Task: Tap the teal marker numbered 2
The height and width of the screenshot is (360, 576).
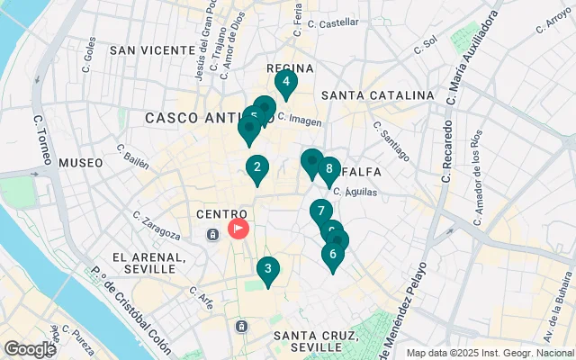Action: tap(257, 167)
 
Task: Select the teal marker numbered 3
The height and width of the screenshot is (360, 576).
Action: tap(267, 269)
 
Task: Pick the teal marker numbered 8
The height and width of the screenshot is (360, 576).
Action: tap(329, 168)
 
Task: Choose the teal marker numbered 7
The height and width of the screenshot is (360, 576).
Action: tap(320, 212)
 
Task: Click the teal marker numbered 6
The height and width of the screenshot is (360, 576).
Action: tap(333, 255)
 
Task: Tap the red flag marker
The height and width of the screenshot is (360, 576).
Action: tap(238, 229)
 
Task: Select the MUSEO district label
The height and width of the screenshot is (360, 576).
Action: tap(81, 163)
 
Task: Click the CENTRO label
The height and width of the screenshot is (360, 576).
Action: tap(215, 214)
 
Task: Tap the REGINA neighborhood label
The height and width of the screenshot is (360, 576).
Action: tap(290, 68)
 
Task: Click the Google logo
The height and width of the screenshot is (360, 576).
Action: tap(29, 349)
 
